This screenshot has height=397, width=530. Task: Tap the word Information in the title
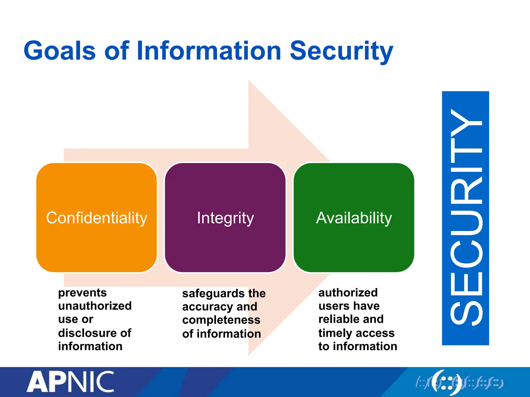209,51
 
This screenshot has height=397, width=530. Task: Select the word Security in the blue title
341,51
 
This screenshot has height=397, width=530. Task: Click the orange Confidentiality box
97,218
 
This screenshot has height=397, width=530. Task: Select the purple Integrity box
225,218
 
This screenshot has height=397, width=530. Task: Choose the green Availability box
354,218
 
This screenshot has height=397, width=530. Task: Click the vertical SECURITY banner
465,218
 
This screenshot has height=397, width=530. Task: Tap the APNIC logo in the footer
70,382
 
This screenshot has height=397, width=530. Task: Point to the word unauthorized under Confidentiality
95,306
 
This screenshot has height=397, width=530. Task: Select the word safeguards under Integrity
213,294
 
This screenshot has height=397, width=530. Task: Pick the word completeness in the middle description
221,320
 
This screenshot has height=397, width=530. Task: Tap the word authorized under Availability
348,293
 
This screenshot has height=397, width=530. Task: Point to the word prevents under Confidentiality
82,293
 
